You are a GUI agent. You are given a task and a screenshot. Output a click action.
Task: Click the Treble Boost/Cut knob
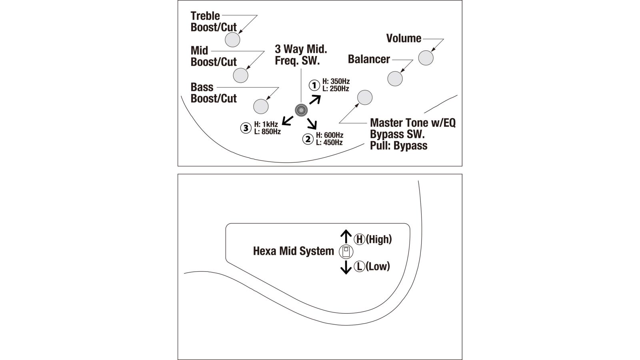[x=232, y=40]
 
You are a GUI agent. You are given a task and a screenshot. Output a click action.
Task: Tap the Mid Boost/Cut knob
[x=240, y=75]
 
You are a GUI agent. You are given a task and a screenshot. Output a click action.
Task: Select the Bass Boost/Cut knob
[x=261, y=106]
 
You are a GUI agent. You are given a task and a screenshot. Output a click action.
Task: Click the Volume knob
[x=426, y=58]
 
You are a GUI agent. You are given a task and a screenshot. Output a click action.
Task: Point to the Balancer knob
[x=395, y=79]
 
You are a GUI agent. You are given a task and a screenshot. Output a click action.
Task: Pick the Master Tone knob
[x=364, y=97]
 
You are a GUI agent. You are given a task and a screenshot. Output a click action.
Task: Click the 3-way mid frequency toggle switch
[x=301, y=110]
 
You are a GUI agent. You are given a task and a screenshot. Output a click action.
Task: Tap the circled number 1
[x=314, y=85]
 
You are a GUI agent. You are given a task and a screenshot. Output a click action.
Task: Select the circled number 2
[x=308, y=139]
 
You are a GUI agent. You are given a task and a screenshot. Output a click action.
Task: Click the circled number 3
[x=246, y=128]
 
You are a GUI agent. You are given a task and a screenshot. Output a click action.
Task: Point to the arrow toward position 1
[x=315, y=99]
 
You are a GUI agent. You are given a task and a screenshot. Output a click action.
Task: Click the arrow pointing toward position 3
[x=288, y=120]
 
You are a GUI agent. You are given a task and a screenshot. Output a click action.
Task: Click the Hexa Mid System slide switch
[x=346, y=252]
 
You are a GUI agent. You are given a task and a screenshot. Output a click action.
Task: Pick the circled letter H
[x=360, y=239]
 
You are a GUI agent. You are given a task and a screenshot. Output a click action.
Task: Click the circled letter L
[x=360, y=266]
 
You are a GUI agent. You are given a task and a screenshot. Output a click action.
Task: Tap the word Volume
[x=404, y=38]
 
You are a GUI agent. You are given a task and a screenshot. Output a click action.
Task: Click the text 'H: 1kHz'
[x=266, y=124]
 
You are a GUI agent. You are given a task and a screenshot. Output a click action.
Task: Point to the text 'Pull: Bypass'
[x=398, y=146]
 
